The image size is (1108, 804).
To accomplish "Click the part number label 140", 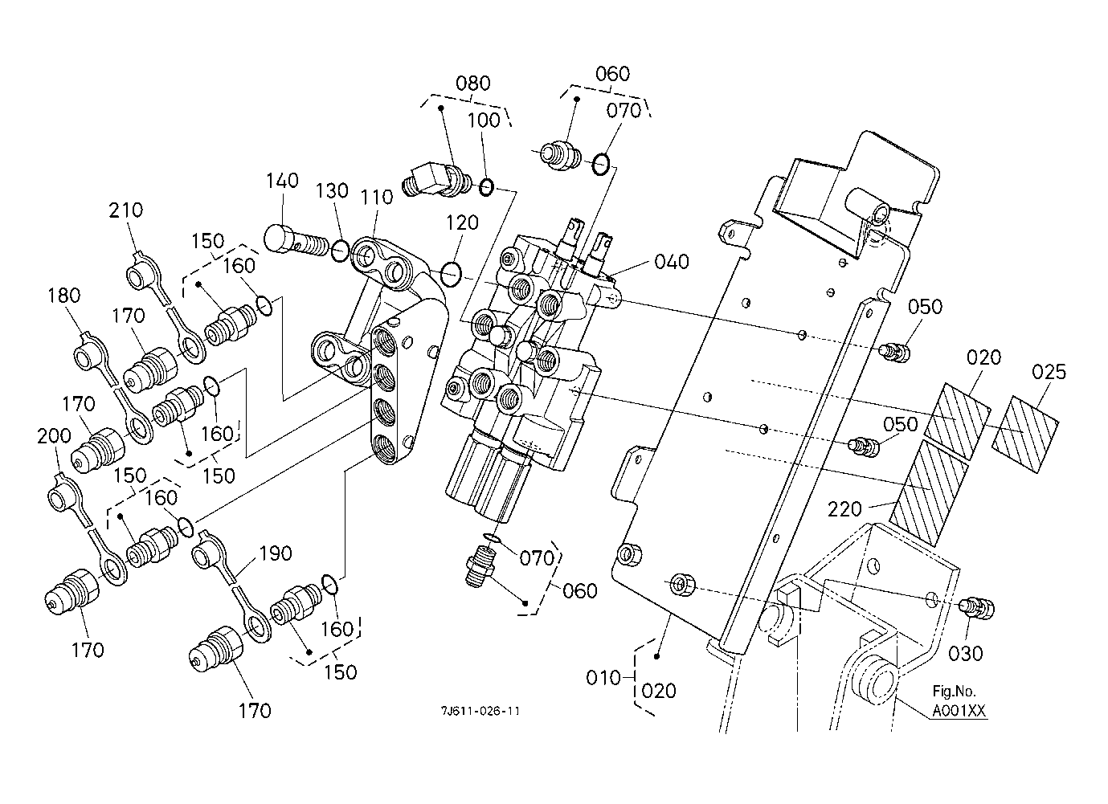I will pos(282,182).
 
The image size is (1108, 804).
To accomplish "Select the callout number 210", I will pos(126,210).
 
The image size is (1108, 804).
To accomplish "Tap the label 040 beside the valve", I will pos(672,262).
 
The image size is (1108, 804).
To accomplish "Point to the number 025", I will pos(1049,372).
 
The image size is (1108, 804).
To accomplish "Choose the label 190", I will pos(275,553).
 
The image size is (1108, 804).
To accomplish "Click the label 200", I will pos(54,436).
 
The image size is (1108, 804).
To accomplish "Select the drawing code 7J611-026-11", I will pos(480,711).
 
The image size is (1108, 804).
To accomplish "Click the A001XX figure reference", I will pos(959,711).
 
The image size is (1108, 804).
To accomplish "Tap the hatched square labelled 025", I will pos(1026,433).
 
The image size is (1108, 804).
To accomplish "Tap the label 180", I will pos(63,296).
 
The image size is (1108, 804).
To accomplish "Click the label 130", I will pos(332,191).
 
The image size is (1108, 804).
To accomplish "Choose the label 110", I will pos(377,197).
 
